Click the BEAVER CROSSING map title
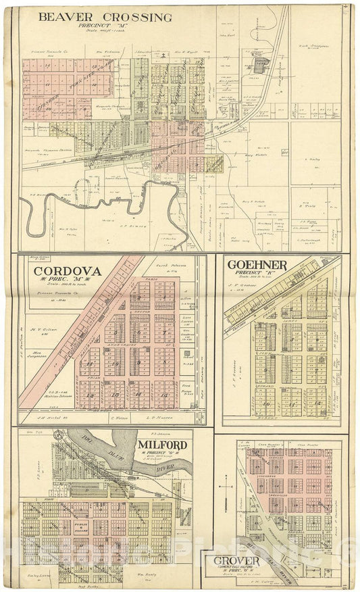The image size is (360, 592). [105, 18]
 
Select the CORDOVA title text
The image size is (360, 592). [68, 272]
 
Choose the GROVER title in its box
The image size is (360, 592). [236, 562]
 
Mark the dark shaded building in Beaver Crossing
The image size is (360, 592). [260, 64]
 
